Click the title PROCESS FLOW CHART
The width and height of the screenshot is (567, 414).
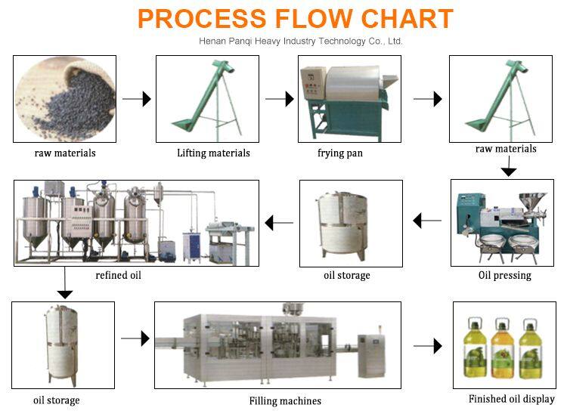[x=296, y=19]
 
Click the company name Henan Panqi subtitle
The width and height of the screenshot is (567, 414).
[x=300, y=42]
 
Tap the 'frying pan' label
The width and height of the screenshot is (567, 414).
[x=340, y=153]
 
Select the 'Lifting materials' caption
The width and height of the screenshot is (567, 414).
[x=213, y=153]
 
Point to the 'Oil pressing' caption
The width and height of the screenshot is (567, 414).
[x=505, y=276]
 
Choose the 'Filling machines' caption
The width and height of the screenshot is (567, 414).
[x=285, y=400]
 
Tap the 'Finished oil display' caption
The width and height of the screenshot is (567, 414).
[x=511, y=399]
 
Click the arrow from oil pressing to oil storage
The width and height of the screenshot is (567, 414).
[x=427, y=221]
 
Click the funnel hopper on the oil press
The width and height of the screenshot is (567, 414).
[x=532, y=200]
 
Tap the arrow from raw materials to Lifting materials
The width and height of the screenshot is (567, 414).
[x=136, y=99]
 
